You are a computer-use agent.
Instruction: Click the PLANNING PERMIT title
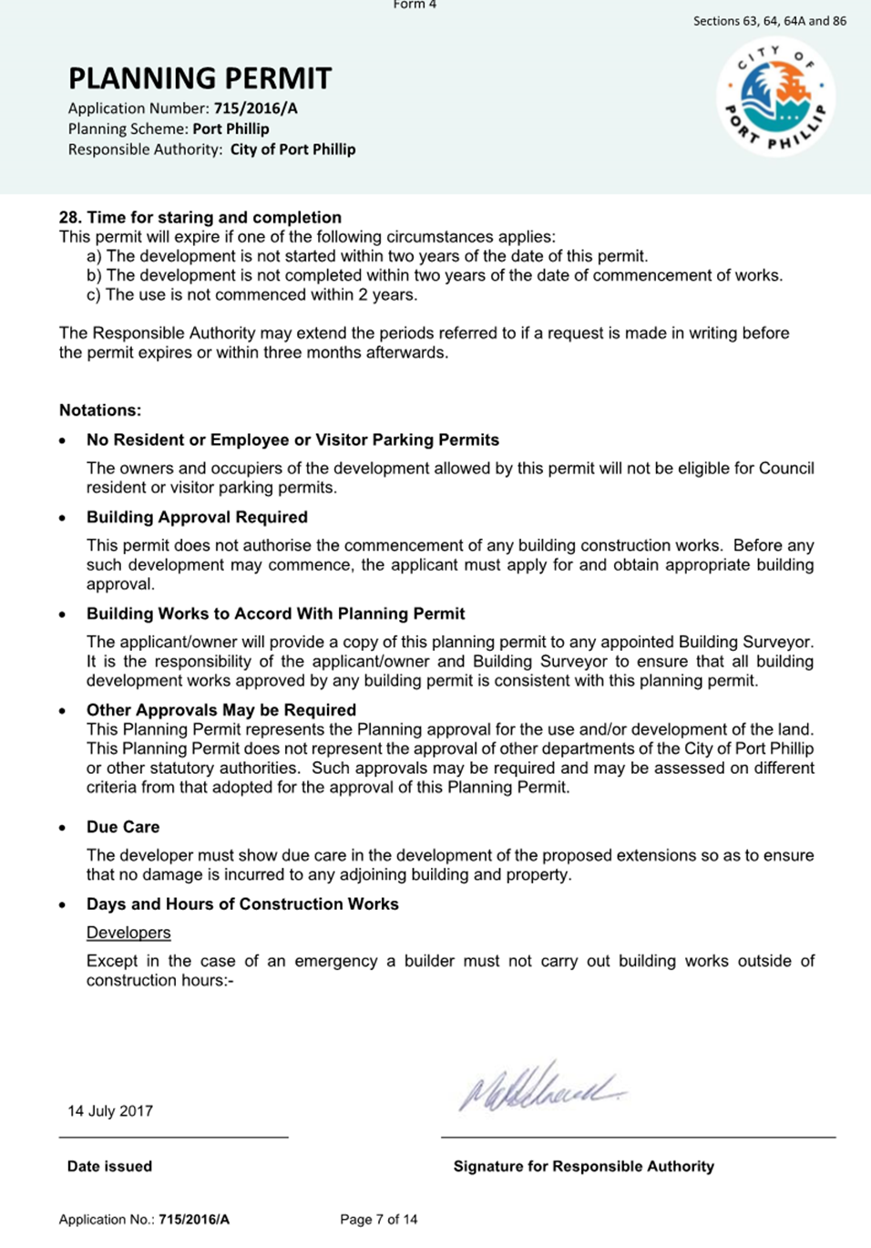[x=200, y=78]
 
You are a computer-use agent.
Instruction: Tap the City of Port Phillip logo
[x=775, y=98]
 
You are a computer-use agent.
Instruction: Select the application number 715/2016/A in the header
[x=255, y=108]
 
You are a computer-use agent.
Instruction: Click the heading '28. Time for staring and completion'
[x=200, y=217]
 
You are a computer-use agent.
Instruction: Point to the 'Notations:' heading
[x=100, y=410]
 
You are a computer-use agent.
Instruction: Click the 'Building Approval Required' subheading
[x=197, y=517]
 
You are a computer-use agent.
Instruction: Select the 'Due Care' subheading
[x=123, y=827]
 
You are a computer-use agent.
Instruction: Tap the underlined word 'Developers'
[x=128, y=933]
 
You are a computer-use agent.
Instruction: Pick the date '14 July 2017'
[x=110, y=1111]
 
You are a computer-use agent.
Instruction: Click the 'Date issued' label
[x=109, y=1166]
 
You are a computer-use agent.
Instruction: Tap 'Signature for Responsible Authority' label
[x=583, y=1166]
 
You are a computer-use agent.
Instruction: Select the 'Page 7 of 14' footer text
[x=378, y=1219]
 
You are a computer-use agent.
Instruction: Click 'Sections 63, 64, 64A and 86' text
[x=769, y=21]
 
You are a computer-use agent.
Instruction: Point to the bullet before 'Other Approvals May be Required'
[x=62, y=711]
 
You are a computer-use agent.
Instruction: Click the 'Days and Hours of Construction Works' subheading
[x=242, y=904]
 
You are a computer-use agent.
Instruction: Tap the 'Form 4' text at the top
[x=415, y=5]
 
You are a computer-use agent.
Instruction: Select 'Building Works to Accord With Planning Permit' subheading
[x=275, y=614]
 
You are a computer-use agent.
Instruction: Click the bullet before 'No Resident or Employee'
[x=62, y=440]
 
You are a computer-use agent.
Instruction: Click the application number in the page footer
[x=193, y=1219]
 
